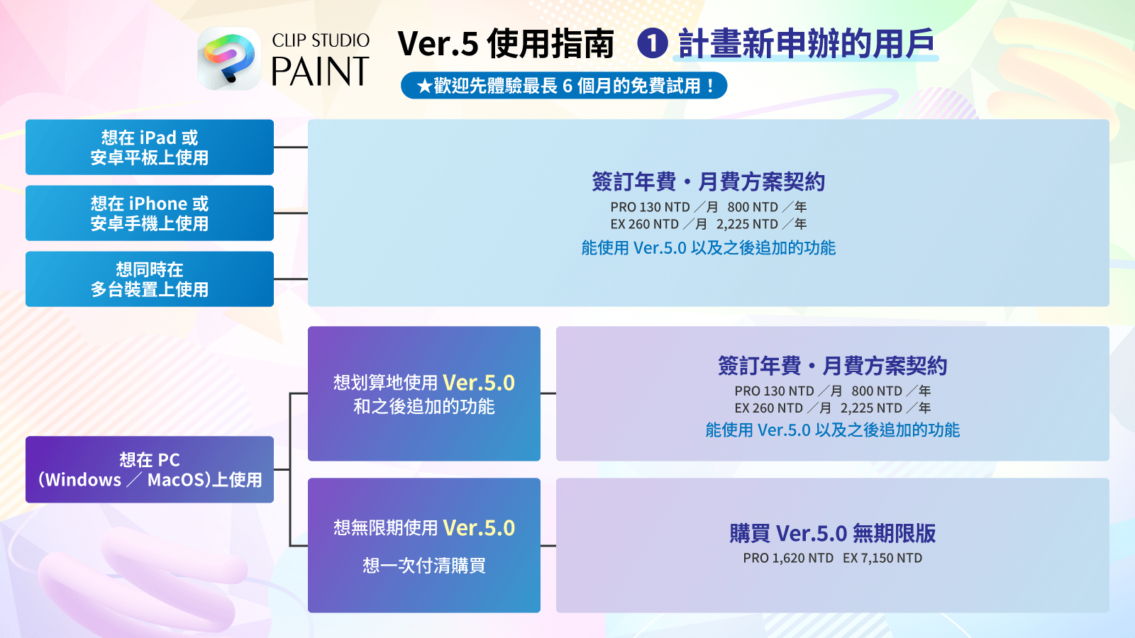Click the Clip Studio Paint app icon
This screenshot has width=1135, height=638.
tap(229, 58)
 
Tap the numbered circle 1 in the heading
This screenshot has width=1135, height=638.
tap(652, 43)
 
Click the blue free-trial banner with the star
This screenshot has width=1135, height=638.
tap(564, 86)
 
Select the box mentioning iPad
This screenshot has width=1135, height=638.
tap(150, 147)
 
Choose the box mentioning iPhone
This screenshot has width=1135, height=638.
tap(150, 213)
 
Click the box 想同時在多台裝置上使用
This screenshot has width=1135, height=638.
tap(150, 279)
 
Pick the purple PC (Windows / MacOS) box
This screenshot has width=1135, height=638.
tap(150, 469)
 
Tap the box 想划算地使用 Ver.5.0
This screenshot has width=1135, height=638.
tap(424, 393)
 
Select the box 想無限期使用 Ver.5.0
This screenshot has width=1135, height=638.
tap(424, 545)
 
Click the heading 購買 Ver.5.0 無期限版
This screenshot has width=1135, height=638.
tap(833, 533)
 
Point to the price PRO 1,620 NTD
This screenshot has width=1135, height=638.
tap(788, 558)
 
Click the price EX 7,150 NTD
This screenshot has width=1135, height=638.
tap(882, 558)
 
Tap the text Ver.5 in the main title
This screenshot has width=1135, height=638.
tap(438, 43)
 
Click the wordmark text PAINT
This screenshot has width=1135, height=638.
tap(320, 71)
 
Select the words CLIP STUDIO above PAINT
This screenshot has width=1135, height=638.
tap(321, 40)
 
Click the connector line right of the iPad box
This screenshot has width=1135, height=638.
tap(291, 147)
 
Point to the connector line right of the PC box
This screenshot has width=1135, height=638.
tap(282, 469)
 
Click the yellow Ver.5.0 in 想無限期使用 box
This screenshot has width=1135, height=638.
tap(479, 527)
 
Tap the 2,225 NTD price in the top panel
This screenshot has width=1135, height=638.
tap(748, 224)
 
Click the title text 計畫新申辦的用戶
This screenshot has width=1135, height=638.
tap(806, 43)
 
